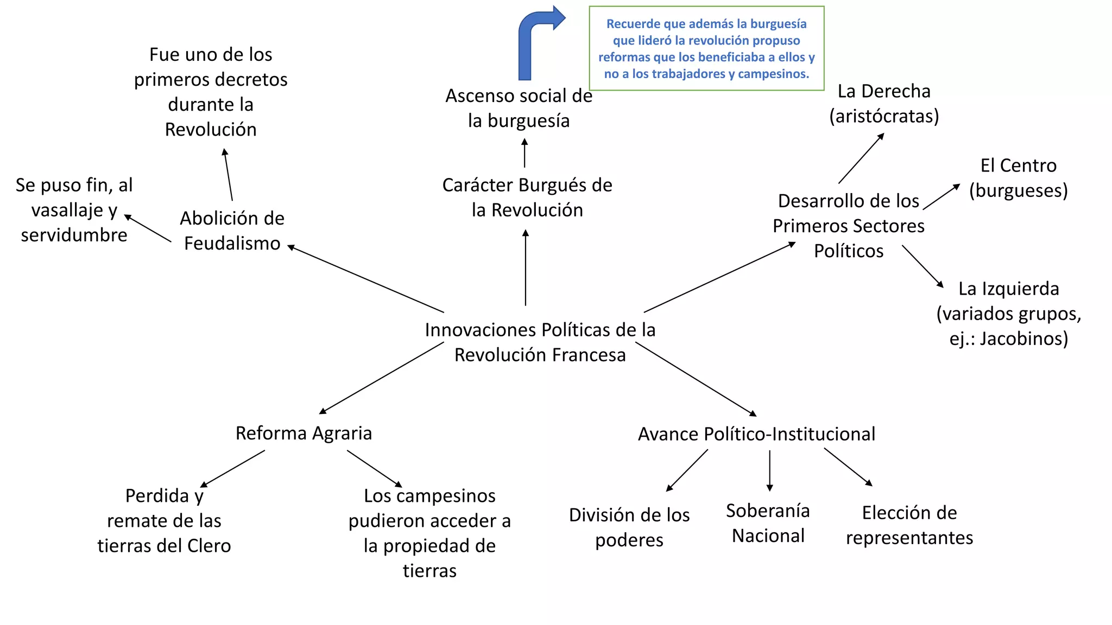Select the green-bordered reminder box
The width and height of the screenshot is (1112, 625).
706,48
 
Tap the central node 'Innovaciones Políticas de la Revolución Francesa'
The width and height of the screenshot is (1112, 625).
540,342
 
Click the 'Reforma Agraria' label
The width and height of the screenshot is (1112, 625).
304,433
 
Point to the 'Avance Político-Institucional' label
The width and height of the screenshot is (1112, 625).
756,434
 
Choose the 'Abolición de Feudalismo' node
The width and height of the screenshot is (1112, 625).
232,231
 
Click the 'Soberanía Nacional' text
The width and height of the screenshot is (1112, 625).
768,523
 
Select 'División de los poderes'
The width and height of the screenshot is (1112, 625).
629,527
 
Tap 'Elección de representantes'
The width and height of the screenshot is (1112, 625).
909,525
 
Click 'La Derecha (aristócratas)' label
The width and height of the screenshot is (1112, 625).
884,103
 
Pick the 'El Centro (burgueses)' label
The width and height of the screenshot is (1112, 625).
1018,177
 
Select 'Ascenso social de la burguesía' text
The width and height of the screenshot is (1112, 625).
519,108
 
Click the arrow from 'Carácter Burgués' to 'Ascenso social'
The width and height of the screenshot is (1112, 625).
525,152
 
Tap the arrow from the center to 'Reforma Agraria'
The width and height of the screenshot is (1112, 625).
382,378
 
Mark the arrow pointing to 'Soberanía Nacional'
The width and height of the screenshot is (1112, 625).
769,470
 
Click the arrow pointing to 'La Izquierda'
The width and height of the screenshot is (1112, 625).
923,266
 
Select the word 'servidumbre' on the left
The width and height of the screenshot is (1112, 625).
74,235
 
